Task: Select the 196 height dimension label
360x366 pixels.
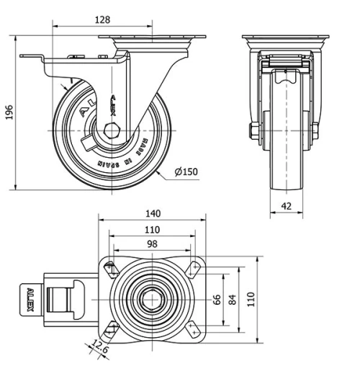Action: click(x=9, y=113)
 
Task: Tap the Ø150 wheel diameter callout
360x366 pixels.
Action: click(x=187, y=171)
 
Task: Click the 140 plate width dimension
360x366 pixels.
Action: click(x=152, y=214)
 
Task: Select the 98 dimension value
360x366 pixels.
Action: click(x=152, y=244)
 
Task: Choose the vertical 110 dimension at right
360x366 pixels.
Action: click(x=251, y=299)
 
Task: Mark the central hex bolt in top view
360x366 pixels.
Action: click(x=152, y=299)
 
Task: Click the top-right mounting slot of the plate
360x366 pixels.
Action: click(x=193, y=268)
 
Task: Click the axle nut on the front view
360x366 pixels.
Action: click(x=253, y=130)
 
